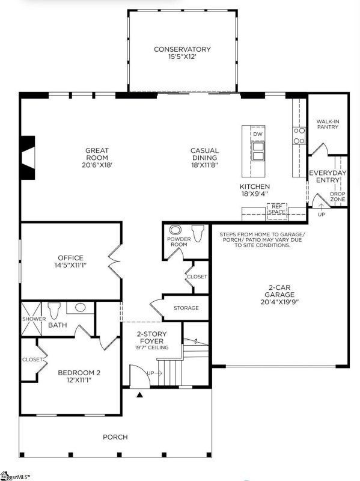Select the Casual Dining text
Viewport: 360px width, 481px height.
[204, 155]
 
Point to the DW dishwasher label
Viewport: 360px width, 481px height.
[257, 134]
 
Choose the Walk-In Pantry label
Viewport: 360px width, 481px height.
[328, 124]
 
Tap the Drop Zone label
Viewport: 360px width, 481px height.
[337, 197]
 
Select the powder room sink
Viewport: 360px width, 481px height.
[176, 230]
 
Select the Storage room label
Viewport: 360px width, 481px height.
[186, 308]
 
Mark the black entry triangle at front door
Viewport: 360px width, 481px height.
[139, 395]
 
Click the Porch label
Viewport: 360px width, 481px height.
[115, 437]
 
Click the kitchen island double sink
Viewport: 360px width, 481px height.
[257, 152]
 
